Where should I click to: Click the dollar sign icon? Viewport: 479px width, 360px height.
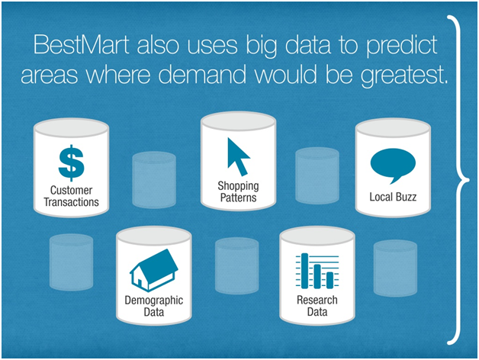click(71, 163)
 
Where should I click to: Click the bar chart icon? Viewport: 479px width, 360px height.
click(317, 271)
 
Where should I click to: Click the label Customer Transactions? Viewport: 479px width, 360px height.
click(71, 196)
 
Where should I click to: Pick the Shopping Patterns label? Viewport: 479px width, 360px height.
click(238, 191)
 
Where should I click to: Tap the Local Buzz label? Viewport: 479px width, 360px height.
click(393, 197)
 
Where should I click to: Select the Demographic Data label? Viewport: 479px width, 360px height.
click(153, 306)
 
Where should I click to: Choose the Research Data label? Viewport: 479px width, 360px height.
click(317, 306)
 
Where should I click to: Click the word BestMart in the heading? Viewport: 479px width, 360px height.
click(82, 45)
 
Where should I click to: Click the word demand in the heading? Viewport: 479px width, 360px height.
click(202, 74)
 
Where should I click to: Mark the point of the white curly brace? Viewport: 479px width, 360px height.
click(468, 180)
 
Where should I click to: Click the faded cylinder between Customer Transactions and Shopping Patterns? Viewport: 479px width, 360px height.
click(154, 180)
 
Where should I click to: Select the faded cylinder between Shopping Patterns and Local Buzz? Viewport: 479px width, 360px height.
click(317, 175)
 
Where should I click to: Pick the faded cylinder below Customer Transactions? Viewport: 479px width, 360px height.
click(71, 262)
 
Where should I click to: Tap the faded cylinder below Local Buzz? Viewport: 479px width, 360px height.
click(395, 268)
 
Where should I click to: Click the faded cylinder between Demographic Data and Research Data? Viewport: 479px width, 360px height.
click(236, 266)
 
